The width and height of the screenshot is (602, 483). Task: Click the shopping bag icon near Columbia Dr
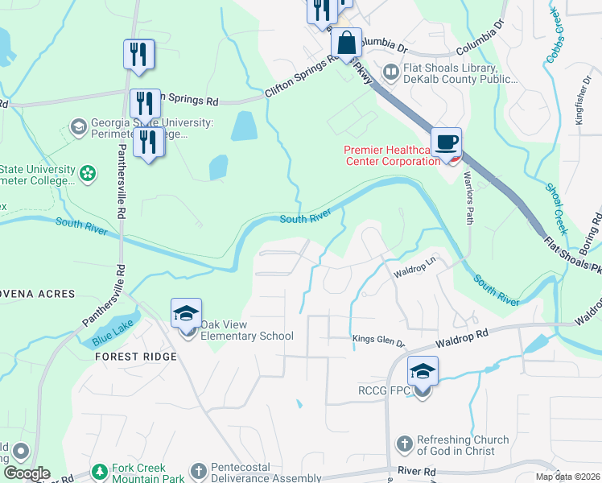(346, 44)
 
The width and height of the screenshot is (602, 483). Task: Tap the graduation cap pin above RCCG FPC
(423, 371)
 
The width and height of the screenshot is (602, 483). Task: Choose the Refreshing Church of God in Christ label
(463, 446)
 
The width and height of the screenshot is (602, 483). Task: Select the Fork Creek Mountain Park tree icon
(100, 470)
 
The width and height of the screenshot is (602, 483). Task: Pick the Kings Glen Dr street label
(378, 341)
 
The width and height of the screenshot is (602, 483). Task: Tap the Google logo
(26, 473)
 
